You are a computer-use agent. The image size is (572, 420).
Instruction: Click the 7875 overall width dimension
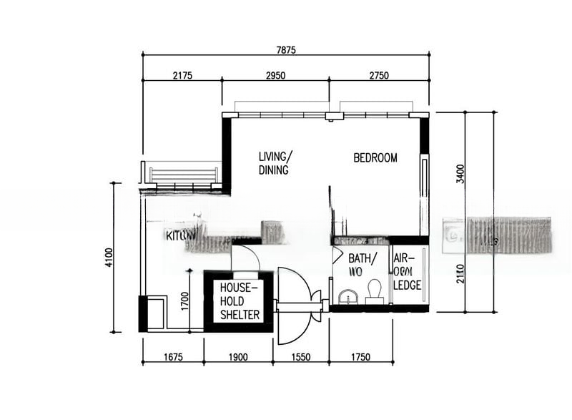[x=286, y=49]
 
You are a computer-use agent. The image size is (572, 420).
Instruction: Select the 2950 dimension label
[x=275, y=76]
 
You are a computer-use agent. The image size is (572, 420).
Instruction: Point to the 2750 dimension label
[x=379, y=76]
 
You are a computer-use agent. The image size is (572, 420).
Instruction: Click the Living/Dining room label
[x=275, y=163]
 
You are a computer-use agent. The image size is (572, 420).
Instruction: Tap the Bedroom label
[x=375, y=157]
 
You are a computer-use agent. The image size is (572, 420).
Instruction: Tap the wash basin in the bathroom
[x=348, y=297]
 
